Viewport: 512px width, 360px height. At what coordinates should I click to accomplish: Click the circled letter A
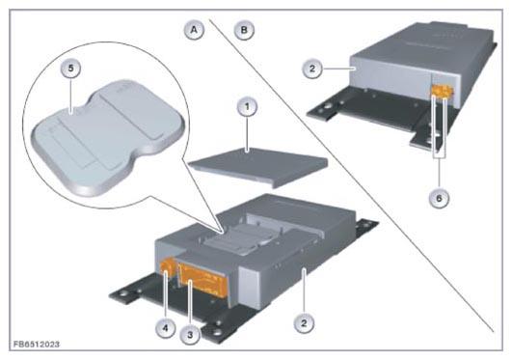click(x=194, y=30)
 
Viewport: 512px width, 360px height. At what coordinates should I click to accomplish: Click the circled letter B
click(x=244, y=30)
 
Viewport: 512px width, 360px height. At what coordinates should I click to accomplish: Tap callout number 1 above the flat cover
click(x=247, y=106)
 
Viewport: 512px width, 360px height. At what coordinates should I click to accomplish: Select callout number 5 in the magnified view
click(x=70, y=69)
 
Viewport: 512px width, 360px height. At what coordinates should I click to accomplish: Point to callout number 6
click(x=439, y=198)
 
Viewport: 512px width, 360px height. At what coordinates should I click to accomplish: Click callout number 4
click(x=166, y=327)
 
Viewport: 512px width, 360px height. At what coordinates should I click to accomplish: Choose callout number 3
click(x=190, y=334)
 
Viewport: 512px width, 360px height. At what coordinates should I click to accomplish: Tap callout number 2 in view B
click(x=312, y=69)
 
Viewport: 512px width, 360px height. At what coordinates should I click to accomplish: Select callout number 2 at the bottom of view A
click(x=304, y=323)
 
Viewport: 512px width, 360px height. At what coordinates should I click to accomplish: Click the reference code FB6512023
click(x=37, y=345)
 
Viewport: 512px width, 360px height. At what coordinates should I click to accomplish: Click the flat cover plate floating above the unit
click(x=258, y=167)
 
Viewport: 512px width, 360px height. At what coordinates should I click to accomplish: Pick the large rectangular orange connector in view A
click(x=203, y=281)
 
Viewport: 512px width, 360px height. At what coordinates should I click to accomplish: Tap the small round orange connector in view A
click(x=168, y=265)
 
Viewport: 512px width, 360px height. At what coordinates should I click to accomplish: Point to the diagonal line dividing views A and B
click(x=351, y=176)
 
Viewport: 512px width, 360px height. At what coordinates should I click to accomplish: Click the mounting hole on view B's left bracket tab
click(x=326, y=107)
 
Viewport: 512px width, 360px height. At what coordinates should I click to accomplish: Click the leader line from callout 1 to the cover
click(x=247, y=133)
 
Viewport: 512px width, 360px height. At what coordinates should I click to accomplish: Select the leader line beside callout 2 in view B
click(x=339, y=69)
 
